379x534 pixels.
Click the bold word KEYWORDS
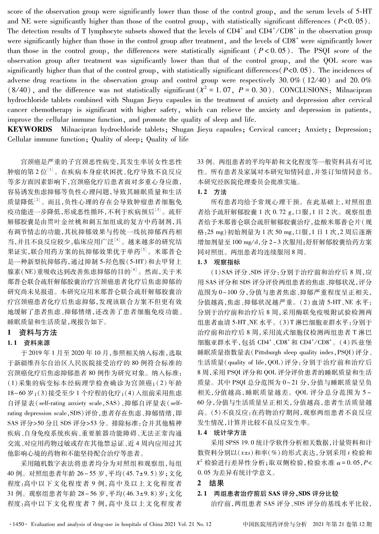(x=30, y=129)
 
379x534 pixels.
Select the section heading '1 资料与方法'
(x=32, y=333)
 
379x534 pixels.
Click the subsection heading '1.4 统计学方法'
(x=222, y=433)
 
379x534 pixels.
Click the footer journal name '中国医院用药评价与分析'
(x=275, y=524)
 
